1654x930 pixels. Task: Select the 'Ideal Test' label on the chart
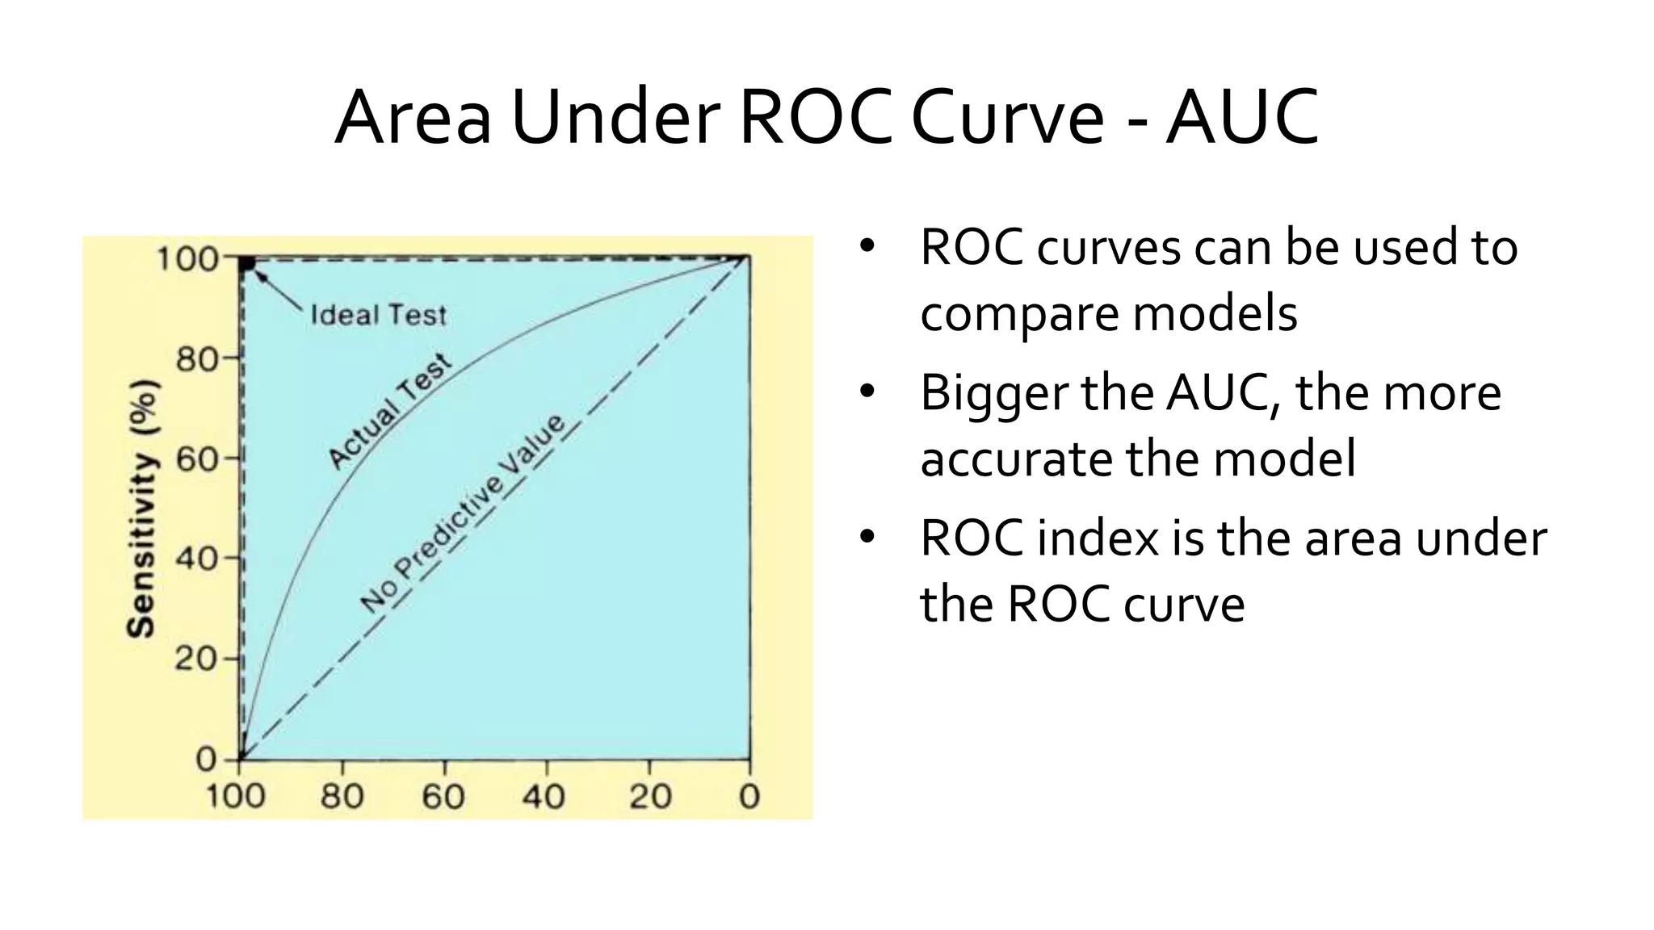point(378,314)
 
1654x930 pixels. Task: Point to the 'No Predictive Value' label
point(462,514)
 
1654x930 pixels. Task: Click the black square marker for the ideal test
point(247,263)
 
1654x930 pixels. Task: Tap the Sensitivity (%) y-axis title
point(143,509)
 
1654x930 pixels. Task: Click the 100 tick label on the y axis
point(187,259)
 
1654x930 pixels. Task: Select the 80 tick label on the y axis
point(196,358)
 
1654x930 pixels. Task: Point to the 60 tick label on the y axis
point(196,459)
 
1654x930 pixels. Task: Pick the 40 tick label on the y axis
point(196,558)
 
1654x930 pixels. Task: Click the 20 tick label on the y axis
point(196,659)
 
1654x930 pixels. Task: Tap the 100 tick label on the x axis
point(235,797)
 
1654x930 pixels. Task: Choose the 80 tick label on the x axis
point(342,797)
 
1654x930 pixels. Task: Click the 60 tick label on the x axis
point(443,797)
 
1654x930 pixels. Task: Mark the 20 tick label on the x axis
point(650,797)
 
